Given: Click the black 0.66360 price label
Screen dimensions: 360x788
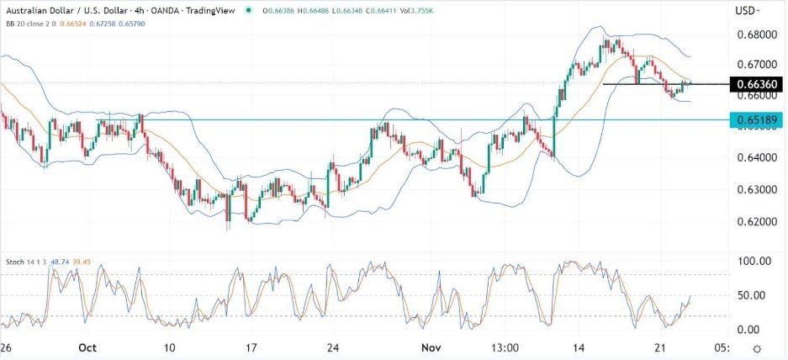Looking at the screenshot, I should pyautogui.click(x=757, y=85).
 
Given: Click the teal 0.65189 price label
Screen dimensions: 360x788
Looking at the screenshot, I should pyautogui.click(x=757, y=121).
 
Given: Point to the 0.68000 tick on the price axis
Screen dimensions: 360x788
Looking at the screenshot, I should pyautogui.click(x=754, y=35).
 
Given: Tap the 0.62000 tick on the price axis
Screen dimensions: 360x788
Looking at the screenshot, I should pyautogui.click(x=754, y=222).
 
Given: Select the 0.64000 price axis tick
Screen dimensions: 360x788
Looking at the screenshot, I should pyautogui.click(x=754, y=158).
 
